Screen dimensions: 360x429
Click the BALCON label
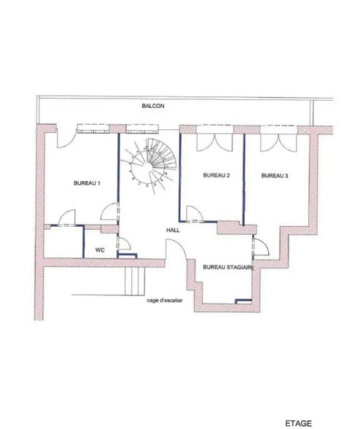153,106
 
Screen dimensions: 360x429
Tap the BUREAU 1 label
87,183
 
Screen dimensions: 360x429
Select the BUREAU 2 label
216,175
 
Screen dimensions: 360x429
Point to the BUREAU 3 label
275,176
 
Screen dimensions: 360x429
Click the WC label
100,250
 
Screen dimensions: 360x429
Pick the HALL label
173,231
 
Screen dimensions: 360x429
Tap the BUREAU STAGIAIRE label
229,267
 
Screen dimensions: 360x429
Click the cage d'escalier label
165,301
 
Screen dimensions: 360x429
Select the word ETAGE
298,423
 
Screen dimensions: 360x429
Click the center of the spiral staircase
149,166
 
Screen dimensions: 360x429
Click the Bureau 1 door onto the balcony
66,137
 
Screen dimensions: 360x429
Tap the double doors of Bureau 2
214,142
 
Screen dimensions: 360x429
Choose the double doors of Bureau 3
278,142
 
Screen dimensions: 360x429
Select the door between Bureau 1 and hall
110,212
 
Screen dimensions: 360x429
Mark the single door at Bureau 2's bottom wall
195,213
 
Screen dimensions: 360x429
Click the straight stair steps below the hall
135,281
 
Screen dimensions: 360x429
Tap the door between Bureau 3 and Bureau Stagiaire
262,247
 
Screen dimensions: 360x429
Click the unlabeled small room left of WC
63,242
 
